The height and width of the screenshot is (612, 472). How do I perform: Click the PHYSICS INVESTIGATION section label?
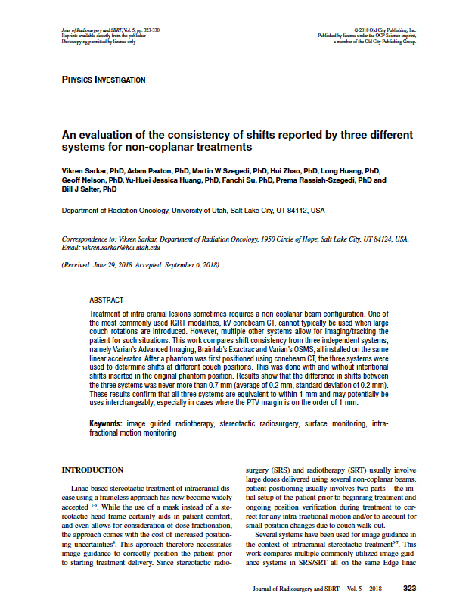click(x=104, y=80)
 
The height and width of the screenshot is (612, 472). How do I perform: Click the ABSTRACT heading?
click(x=106, y=300)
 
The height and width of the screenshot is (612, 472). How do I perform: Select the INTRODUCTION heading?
click(x=92, y=470)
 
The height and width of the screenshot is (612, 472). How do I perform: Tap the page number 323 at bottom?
click(x=409, y=589)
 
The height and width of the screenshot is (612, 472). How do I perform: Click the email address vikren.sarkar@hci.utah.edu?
click(x=123, y=248)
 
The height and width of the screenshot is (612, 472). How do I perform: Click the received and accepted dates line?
click(x=140, y=265)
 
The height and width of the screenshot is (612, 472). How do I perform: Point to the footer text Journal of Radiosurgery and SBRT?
click(x=297, y=589)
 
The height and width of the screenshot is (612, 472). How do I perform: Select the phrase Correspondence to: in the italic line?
click(x=88, y=239)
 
